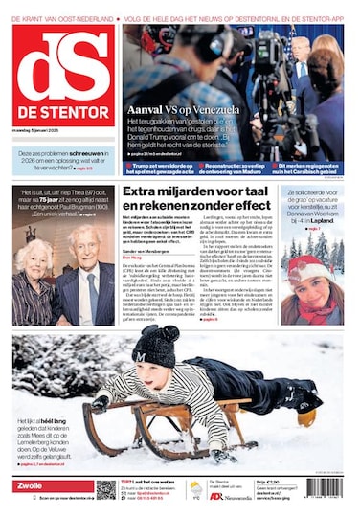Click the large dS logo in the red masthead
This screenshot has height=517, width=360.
[x=63, y=62]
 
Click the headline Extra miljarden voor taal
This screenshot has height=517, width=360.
[x=187, y=192]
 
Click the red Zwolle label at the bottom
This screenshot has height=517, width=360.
[x=31, y=486]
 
